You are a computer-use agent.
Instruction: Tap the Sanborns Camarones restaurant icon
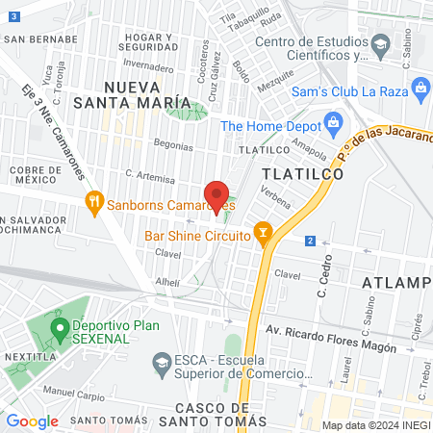coord(93,201)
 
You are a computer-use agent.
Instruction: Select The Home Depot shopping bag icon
coord(333,122)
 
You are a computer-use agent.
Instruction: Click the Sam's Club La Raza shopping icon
coord(421,89)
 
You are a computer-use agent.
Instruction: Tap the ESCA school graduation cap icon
coord(162,362)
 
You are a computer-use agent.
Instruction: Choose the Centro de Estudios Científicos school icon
coord(380,45)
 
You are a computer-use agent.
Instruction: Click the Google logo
coord(32,420)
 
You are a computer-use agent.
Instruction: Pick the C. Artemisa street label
coord(150,178)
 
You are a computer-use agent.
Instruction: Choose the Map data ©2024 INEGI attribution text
coord(374,424)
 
